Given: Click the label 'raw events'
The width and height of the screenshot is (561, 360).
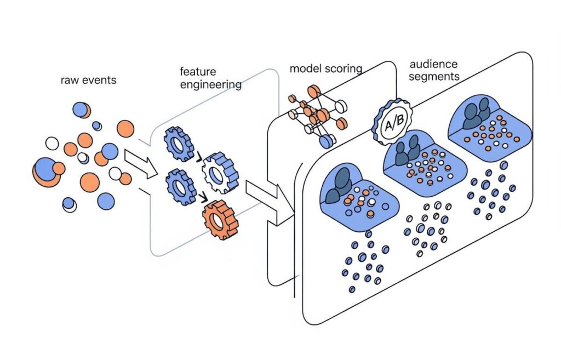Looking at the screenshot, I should coord(88,81).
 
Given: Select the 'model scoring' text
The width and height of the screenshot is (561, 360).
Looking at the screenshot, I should coord(326,68).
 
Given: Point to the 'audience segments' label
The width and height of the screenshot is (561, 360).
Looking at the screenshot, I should coord(434,71).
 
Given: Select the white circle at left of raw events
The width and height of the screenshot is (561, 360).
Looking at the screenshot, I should coord(51,144).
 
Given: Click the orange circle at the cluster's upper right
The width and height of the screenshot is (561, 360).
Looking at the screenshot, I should coord(125,129).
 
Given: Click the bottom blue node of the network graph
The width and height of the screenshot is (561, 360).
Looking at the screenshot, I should coord(327,141).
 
